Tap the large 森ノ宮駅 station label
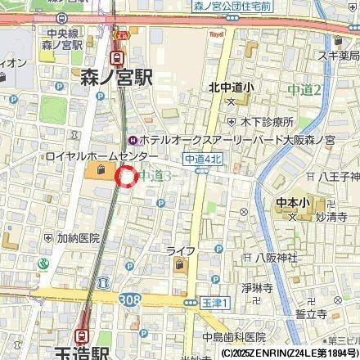pyautogui.click(x=117, y=79)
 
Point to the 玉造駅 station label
pyautogui.click(x=79, y=353)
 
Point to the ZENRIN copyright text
pyautogui.click(x=289, y=353)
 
